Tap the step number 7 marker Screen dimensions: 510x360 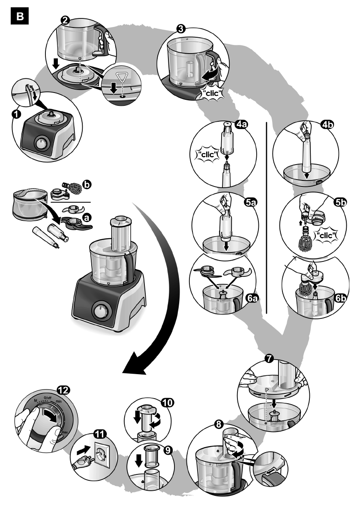(x=269, y=359)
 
